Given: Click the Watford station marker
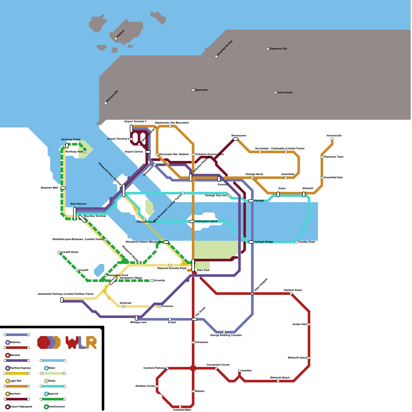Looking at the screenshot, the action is coord(116,39).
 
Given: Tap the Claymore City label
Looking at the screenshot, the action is coord(278,49).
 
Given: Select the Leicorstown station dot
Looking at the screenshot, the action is coord(276,93).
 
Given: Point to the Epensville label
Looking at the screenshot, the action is coord(201,90).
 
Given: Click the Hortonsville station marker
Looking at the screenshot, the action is coord(332,139).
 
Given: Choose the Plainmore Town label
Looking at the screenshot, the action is coord(333,157).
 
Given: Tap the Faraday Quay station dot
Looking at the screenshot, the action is coord(296,242).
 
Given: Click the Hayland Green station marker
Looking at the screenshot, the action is coord(291,294).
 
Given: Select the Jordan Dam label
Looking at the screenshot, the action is coord(299,324).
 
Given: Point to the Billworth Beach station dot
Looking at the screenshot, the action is coord(278,381).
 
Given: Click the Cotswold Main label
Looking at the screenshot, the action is coord(182,410).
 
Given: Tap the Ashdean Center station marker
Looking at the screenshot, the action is coord(157,386).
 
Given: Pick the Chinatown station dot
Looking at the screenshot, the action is coord(193,342).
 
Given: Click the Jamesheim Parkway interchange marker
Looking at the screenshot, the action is coord(62,300).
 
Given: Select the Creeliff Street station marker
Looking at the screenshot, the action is coord(59,252).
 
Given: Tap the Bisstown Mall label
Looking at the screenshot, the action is coord(49,188).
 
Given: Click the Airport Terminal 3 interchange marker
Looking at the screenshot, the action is coord(131,128).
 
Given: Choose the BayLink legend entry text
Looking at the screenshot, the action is coord(53,394).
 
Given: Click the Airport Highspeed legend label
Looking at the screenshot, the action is coord(21,407).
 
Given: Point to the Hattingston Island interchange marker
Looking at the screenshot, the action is coord(192,221).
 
